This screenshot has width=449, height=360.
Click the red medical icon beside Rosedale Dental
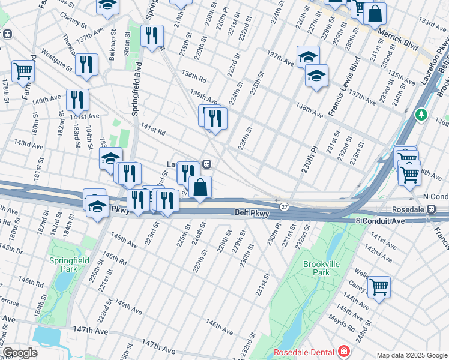(x=343, y=351)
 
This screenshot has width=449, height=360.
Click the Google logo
(x=20, y=353)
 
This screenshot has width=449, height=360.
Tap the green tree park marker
(x=422, y=114)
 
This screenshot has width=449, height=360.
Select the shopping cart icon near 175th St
(x=23, y=70)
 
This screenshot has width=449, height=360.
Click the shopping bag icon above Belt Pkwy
(x=200, y=186)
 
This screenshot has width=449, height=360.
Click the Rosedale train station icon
(x=431, y=208)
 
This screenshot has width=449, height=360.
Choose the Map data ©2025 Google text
(x=411, y=355)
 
